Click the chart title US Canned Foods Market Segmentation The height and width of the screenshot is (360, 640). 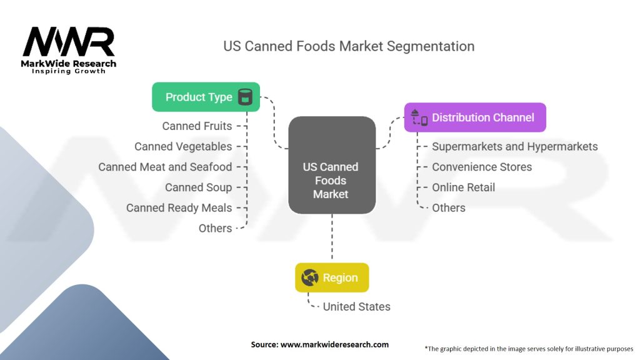coord(349,46)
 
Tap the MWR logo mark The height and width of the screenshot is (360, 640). coord(69,42)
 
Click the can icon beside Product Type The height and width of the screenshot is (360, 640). coord(245,97)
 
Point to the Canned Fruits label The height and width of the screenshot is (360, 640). coord(197,126)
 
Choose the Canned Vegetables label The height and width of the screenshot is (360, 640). coord(183,146)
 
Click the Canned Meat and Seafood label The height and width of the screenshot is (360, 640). coord(165,167)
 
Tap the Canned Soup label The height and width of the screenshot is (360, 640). coord(198,187)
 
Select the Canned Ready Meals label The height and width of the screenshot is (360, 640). coord(179,207)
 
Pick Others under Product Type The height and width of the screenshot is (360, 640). coord(215,228)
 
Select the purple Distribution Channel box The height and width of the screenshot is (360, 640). coord(475,117)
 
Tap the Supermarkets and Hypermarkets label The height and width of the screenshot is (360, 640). coord(515,146)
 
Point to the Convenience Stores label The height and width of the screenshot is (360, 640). coord(482,167)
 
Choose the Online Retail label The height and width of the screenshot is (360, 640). coord(463,187)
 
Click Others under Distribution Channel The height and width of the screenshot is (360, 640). coord(449,207)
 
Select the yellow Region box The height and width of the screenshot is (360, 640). coord(332,277)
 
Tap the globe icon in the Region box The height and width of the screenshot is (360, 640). coord(310,277)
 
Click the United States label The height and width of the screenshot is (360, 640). coord(356,306)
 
